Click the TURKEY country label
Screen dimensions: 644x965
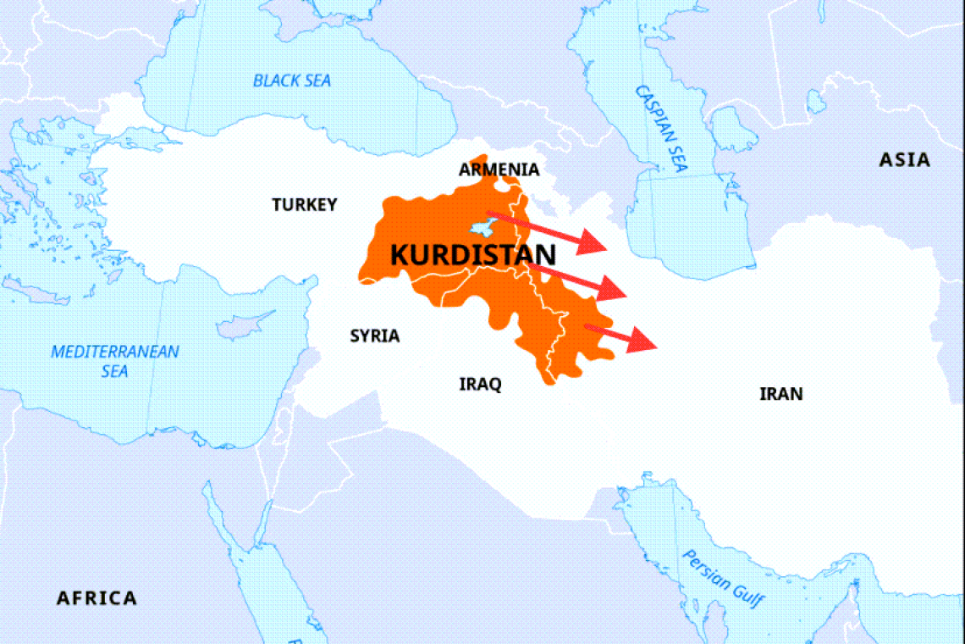pos(304,204)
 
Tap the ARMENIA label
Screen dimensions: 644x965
pos(499,169)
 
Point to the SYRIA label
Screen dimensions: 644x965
pos(374,336)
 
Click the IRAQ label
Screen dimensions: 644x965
pos(480,385)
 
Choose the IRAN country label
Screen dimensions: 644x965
pos(780,394)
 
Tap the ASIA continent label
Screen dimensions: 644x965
pos(904,160)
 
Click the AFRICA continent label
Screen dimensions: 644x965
pos(96,598)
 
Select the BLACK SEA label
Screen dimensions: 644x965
pos(292,81)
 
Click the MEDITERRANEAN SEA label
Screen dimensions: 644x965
pos(115,361)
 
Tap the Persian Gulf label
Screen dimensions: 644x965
pos(724,580)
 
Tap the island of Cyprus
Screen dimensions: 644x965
pos(245,325)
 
